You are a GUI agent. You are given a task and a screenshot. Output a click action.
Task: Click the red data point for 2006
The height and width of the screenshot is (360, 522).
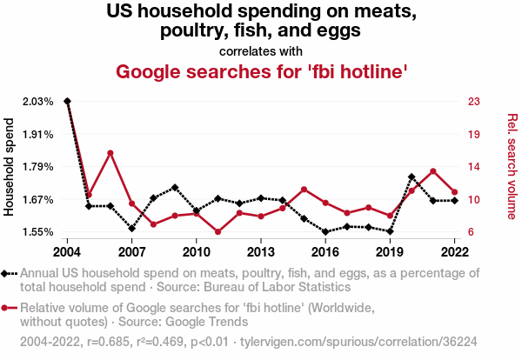coord(110,153)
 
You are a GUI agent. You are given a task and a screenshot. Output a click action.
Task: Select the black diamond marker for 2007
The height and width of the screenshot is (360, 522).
coord(131,229)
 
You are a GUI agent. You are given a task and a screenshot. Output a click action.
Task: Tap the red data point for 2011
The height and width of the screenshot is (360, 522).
coord(217,232)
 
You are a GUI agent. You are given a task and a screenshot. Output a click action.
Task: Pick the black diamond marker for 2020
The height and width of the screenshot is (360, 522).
coord(412,177)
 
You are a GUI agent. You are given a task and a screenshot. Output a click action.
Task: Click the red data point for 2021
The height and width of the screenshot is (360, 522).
coord(433,170)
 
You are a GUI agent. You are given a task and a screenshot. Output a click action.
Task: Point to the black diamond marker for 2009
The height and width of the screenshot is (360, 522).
coord(175,187)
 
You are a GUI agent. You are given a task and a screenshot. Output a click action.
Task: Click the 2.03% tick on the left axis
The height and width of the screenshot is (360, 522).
coord(37,102)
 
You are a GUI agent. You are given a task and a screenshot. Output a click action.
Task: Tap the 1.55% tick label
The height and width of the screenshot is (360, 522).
coord(37,232)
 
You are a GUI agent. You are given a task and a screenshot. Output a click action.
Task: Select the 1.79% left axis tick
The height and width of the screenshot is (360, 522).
coord(37,167)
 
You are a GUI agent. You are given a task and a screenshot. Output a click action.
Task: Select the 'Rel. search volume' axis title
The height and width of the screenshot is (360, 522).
coord(512,166)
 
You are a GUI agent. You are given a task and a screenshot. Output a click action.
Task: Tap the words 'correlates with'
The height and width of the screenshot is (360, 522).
coord(262,50)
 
